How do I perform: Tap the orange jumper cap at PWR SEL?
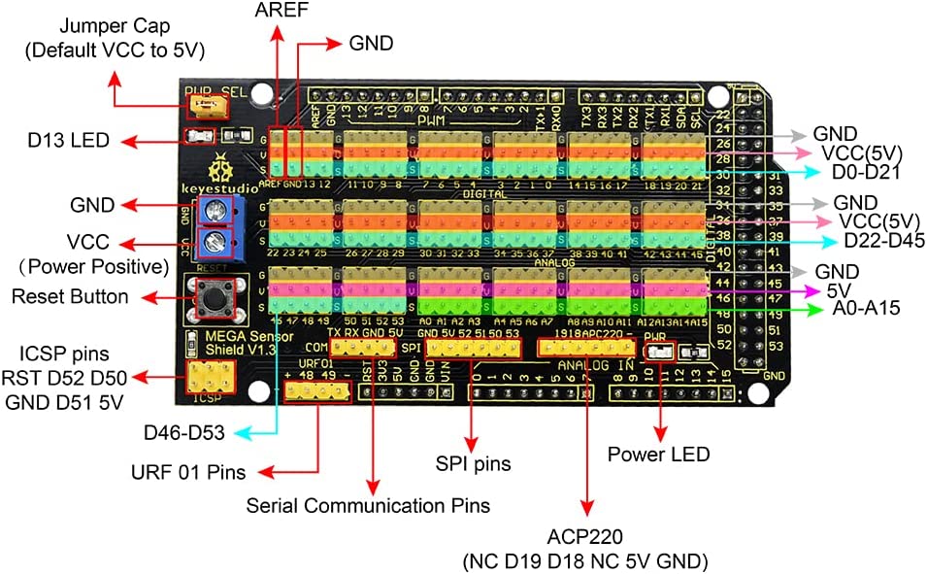pyautogui.click(x=203, y=104)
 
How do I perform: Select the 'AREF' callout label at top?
pyautogui.click(x=277, y=11)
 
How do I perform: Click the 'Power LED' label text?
pyautogui.click(x=659, y=454)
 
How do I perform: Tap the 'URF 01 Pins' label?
pyautogui.click(x=188, y=473)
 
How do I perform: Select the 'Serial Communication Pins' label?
pyautogui.click(x=368, y=505)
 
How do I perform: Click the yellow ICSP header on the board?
pyautogui.click(x=211, y=377)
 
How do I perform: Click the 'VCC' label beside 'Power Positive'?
pyautogui.click(x=87, y=241)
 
